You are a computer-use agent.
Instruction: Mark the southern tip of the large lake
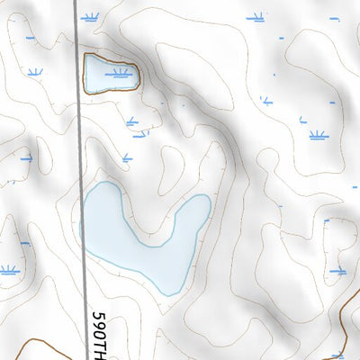tap(168, 292)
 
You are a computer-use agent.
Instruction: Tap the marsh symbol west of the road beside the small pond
tap(35, 72)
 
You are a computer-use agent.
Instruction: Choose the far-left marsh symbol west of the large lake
tap(9, 269)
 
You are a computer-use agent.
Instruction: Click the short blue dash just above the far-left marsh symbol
tap(25, 243)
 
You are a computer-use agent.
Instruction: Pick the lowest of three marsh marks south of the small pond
tap(127, 157)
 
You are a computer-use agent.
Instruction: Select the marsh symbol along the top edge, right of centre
tap(256, 16)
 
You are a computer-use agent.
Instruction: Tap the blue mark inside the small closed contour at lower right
tap(338, 270)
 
